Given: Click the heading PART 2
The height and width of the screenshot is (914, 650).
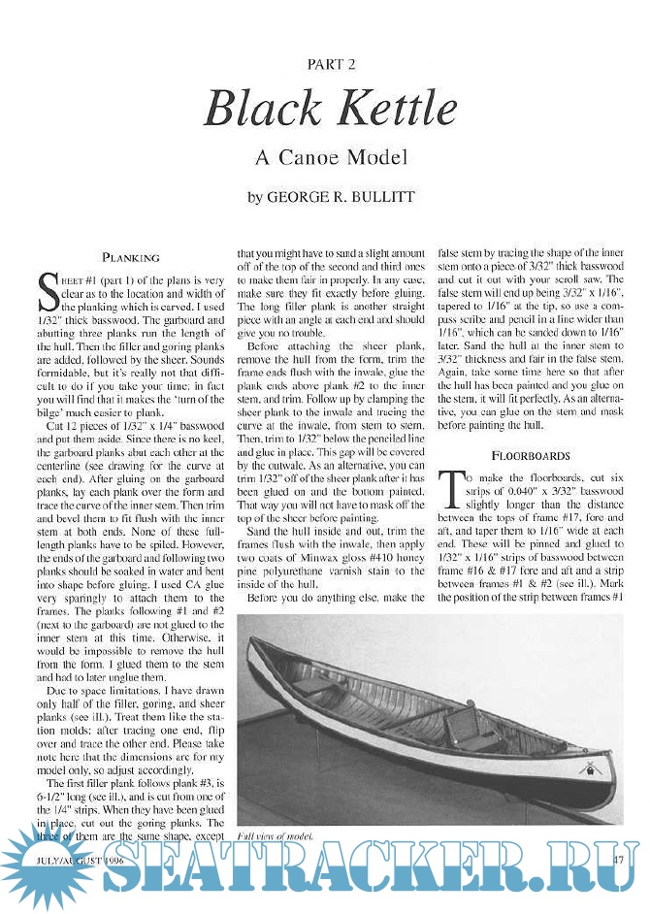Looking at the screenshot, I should tap(331, 65).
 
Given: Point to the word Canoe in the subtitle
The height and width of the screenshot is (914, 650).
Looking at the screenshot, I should tap(320, 156).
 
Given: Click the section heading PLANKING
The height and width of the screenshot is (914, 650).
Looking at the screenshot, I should tap(131, 258).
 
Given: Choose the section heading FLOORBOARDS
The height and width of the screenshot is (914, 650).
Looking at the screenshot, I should tap(529, 454).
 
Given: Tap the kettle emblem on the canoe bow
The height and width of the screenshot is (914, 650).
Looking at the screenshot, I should tap(586, 767).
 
